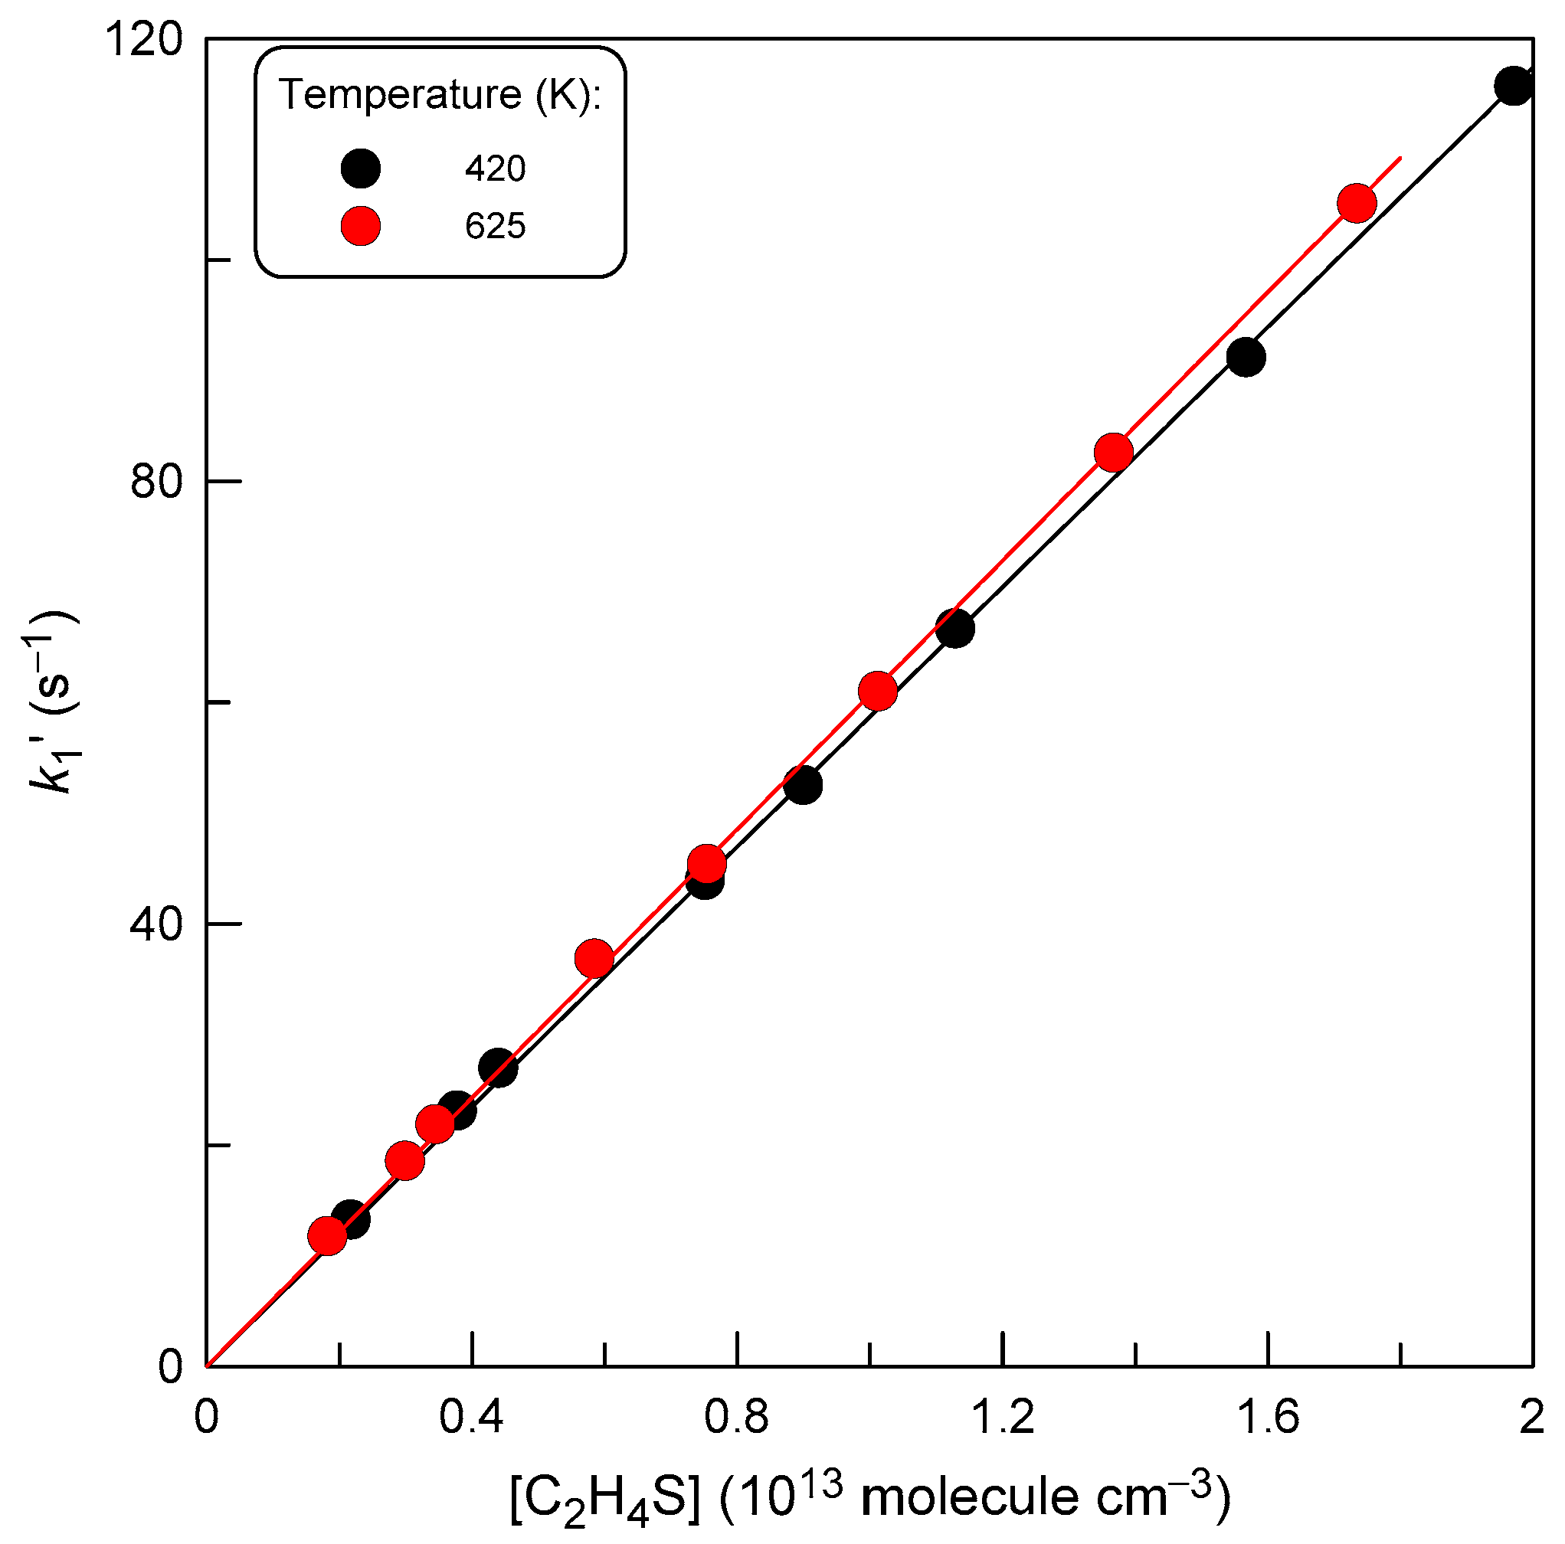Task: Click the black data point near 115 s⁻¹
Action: pos(1513,86)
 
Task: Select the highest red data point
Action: pos(1357,202)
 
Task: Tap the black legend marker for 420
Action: pos(361,168)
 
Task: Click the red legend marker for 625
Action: pos(361,225)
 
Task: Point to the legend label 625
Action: pos(495,226)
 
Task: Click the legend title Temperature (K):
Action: pos(440,95)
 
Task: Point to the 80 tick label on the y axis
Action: pos(156,482)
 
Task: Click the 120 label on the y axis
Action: pos(144,40)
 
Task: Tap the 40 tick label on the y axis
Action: pos(156,924)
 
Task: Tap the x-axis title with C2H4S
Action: pos(870,1497)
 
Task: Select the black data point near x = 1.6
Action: pos(1246,357)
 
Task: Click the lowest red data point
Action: pos(327,1235)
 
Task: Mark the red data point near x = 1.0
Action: pos(877,691)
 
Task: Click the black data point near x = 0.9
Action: pos(803,785)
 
